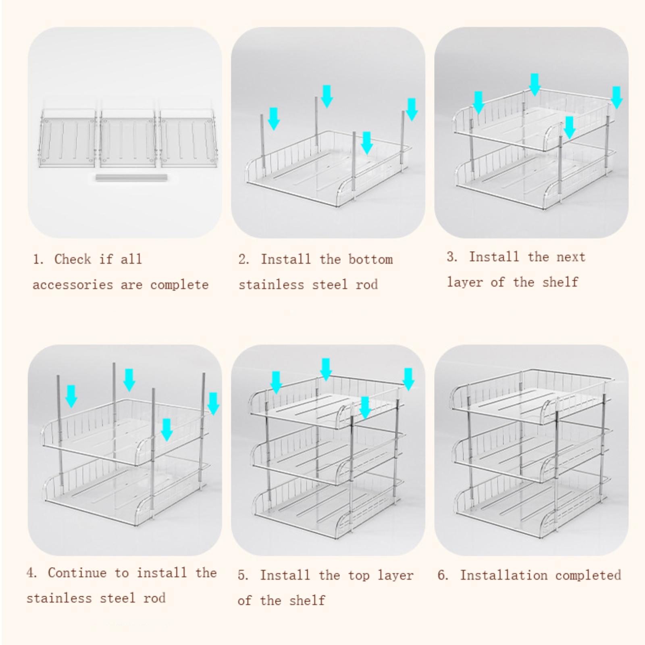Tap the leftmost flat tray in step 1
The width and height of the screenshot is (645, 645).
coord(68,138)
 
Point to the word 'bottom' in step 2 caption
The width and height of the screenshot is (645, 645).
coord(370,259)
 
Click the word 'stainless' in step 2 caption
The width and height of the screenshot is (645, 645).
coord(271,285)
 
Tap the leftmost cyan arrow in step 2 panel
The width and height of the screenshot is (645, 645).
coord(274,119)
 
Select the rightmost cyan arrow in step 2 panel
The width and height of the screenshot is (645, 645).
coord(412,109)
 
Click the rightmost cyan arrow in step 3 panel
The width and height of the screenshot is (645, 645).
coord(617,97)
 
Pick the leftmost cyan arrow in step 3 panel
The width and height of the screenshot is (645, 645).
coord(478,102)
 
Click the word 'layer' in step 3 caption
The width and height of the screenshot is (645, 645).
coord(465,282)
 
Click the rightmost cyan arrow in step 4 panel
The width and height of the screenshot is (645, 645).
coord(213,404)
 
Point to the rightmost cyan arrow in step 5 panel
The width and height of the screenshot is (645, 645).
coord(408,379)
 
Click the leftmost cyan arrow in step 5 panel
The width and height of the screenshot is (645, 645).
coord(276,383)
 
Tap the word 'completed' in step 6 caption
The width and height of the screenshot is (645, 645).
coord(588,575)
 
